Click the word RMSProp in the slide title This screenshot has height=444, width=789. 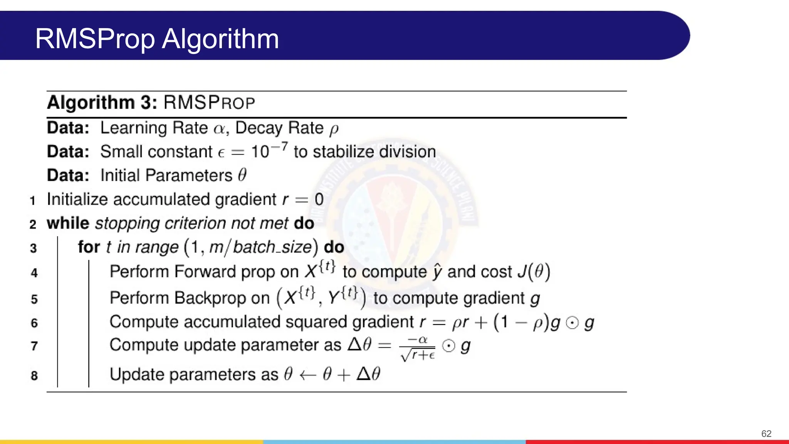pos(95,39)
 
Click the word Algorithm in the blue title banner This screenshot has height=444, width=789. pos(220,39)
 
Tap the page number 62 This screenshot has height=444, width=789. pos(766,434)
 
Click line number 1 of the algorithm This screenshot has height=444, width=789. pos(33,200)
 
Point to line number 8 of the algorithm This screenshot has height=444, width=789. pos(34,375)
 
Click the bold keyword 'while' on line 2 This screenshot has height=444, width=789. pos(68,224)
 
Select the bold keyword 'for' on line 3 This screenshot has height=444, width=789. pos(89,247)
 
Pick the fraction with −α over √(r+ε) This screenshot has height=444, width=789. pos(418,348)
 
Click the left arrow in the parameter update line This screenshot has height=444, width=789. pos(308,375)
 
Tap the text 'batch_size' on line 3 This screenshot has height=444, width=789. pos(272,247)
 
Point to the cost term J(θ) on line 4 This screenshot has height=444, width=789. pos(534,272)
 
